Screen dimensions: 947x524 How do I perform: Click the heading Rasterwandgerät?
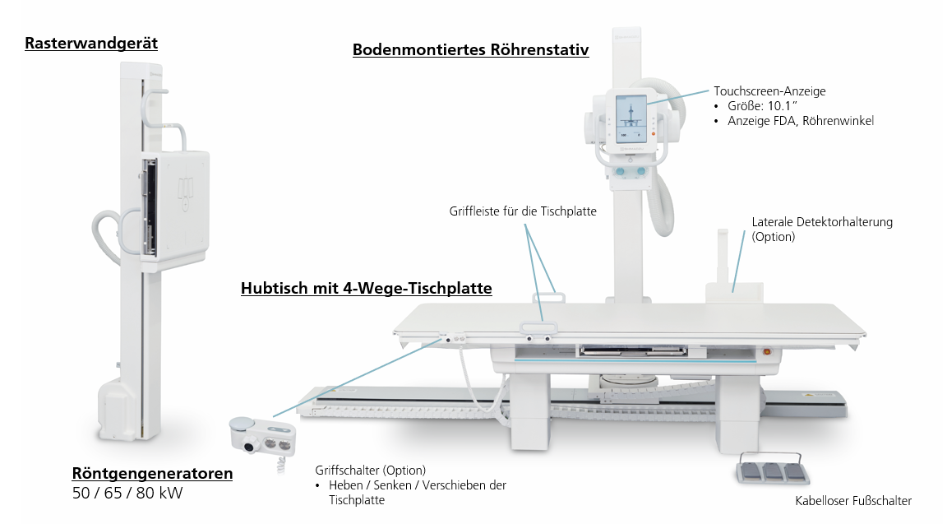pos(91,44)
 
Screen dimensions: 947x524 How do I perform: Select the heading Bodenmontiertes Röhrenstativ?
pos(470,49)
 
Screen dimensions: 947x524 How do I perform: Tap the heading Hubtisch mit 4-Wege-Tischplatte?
pos(366,288)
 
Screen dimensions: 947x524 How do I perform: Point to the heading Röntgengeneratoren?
pos(152,473)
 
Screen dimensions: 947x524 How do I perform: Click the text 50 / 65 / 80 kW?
pos(127,494)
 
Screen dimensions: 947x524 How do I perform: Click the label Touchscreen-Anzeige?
pos(769,91)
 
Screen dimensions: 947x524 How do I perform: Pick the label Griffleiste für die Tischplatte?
pos(523,211)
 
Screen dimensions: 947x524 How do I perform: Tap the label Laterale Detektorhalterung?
pos(822,222)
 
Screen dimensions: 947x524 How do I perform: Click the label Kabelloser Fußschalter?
pos(853,500)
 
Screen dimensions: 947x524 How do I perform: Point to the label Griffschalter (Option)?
pos(370,471)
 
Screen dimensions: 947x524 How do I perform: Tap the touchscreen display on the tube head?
pos(631,118)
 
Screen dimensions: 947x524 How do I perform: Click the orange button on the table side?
pos(767,352)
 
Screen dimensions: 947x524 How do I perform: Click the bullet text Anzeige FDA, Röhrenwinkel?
pos(800,121)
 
